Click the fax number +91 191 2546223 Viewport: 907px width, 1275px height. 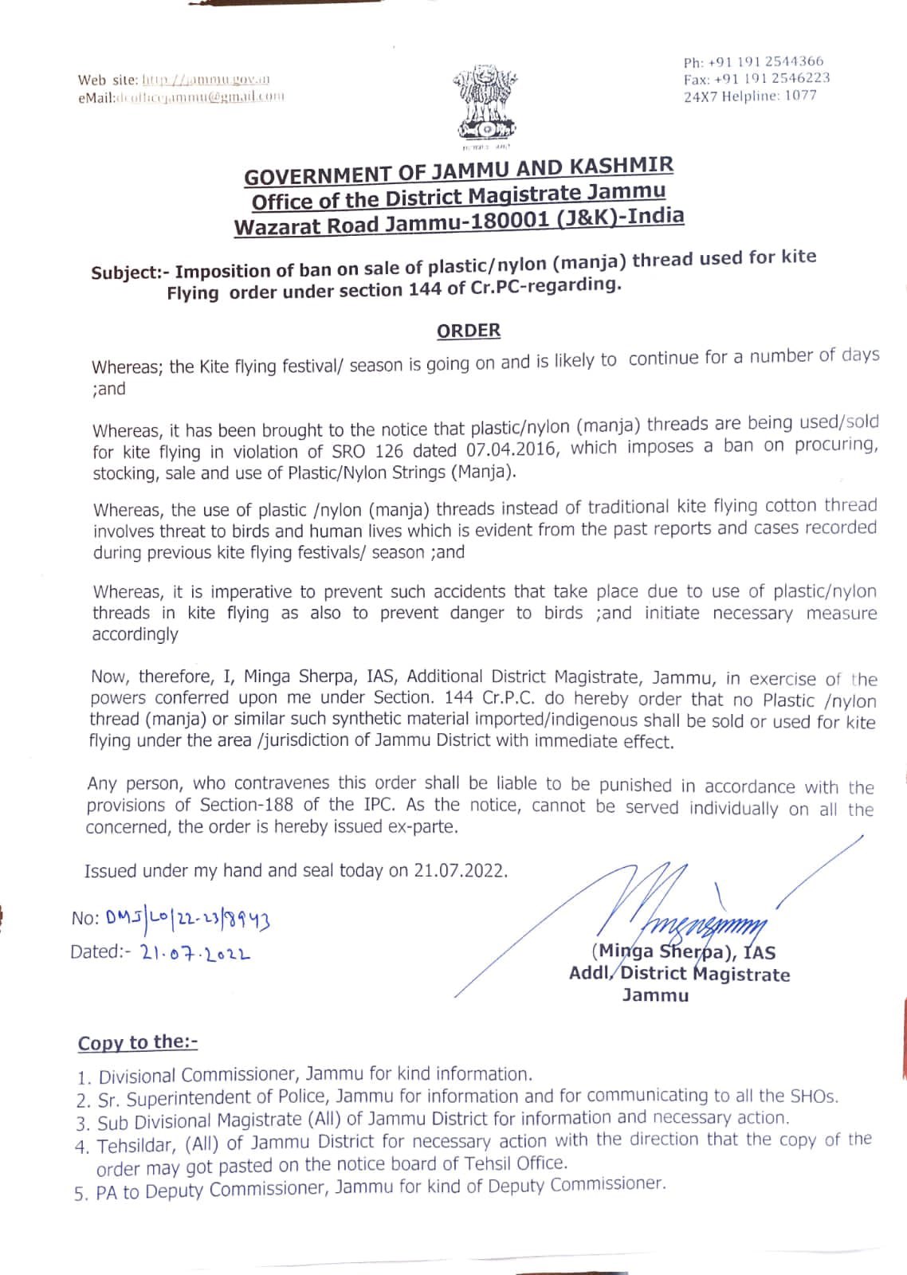point(772,78)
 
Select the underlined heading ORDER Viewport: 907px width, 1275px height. point(469,330)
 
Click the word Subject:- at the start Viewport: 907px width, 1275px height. point(128,272)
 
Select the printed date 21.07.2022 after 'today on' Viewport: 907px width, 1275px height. point(460,870)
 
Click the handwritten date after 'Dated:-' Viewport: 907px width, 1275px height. point(194,952)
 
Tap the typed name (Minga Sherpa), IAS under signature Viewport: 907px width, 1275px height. point(683,951)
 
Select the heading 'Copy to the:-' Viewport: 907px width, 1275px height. point(138,1042)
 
